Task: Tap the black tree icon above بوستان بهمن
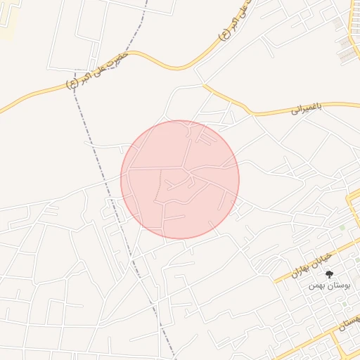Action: (329, 275)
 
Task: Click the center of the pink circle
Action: (180, 179)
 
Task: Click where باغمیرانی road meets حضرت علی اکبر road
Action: (204, 85)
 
